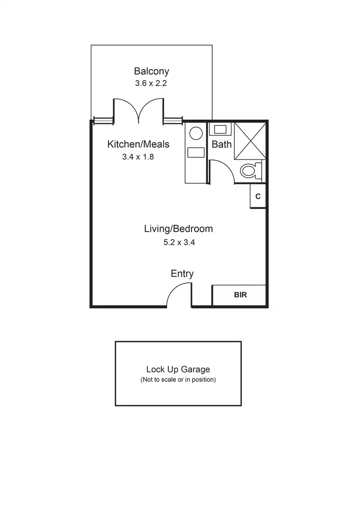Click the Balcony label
click(x=151, y=72)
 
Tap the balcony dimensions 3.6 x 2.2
click(x=151, y=83)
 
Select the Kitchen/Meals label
click(x=138, y=144)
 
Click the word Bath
click(x=222, y=144)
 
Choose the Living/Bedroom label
click(x=178, y=229)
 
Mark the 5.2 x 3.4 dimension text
click(x=179, y=242)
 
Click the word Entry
click(x=182, y=274)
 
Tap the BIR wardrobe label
click(x=240, y=295)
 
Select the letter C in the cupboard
click(x=258, y=196)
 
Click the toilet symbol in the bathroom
click(x=250, y=170)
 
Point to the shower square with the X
click(x=249, y=140)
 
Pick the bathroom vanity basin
click(x=221, y=129)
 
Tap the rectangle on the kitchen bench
click(x=196, y=153)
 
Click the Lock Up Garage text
click(x=178, y=369)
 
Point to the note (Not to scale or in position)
click(x=178, y=380)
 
